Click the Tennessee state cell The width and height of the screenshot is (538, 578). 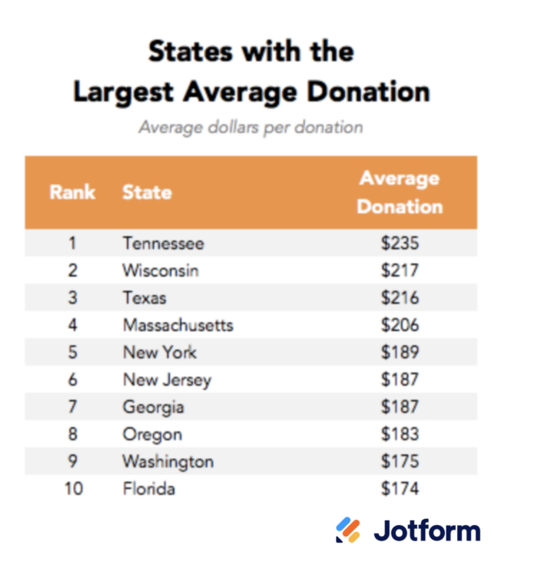pyautogui.click(x=163, y=244)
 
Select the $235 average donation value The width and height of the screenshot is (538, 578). pyautogui.click(x=400, y=244)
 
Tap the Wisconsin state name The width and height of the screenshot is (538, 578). pyautogui.click(x=160, y=271)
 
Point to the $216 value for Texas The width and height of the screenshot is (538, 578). pyautogui.click(x=400, y=297)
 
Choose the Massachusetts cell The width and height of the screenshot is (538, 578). pyautogui.click(x=178, y=325)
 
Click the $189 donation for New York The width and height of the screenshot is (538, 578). pyautogui.click(x=400, y=352)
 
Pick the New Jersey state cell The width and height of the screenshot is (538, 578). pyautogui.click(x=166, y=380)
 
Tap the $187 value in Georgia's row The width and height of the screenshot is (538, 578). pyautogui.click(x=400, y=407)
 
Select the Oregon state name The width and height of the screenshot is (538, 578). pyautogui.click(x=152, y=434)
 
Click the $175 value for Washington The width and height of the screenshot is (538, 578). pyautogui.click(x=400, y=461)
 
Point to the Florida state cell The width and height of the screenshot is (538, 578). pyautogui.click(x=148, y=489)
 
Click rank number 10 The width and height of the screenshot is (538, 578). pyautogui.click(x=72, y=489)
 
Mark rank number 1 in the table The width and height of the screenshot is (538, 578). pyautogui.click(x=72, y=244)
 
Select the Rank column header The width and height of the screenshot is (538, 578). pyautogui.click(x=72, y=192)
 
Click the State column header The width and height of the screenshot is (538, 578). pyautogui.click(x=147, y=192)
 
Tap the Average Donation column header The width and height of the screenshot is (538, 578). pyautogui.click(x=400, y=192)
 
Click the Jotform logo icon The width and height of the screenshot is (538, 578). pyautogui.click(x=348, y=530)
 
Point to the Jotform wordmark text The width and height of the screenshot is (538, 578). pyautogui.click(x=427, y=530)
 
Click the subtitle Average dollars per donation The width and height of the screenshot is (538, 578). pyautogui.click(x=251, y=127)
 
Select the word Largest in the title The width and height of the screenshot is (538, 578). pyautogui.click(x=123, y=92)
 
